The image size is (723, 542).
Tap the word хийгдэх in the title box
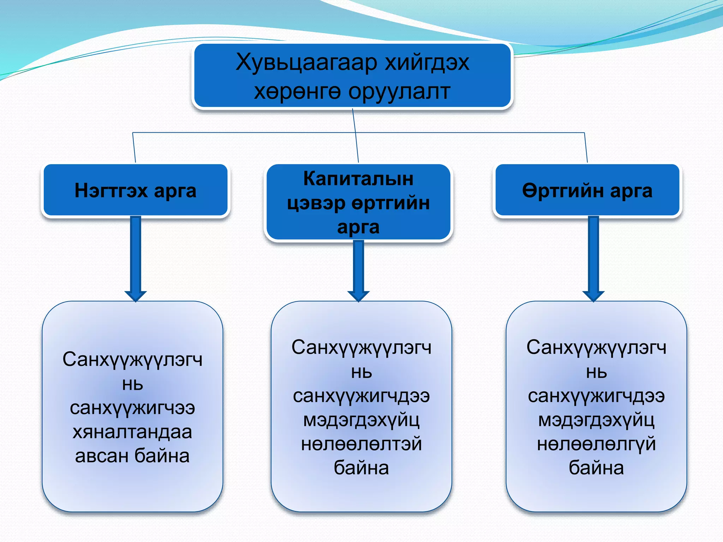tap(427, 63)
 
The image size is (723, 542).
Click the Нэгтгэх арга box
tap(136, 191)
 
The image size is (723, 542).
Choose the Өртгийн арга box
tap(587, 191)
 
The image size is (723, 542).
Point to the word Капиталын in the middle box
tap(358, 179)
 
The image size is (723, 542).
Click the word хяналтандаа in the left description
tap(132, 432)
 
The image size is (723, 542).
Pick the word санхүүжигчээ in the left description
tap(132, 408)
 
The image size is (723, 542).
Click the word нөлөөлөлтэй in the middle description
tap(361, 444)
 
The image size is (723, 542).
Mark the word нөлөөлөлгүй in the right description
tap(596, 444)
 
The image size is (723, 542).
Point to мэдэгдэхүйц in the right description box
tap(596, 420)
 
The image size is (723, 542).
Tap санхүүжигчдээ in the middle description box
tap(361, 396)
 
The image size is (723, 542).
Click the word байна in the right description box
tap(596, 468)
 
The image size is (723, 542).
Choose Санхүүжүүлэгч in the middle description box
tap(361, 348)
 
